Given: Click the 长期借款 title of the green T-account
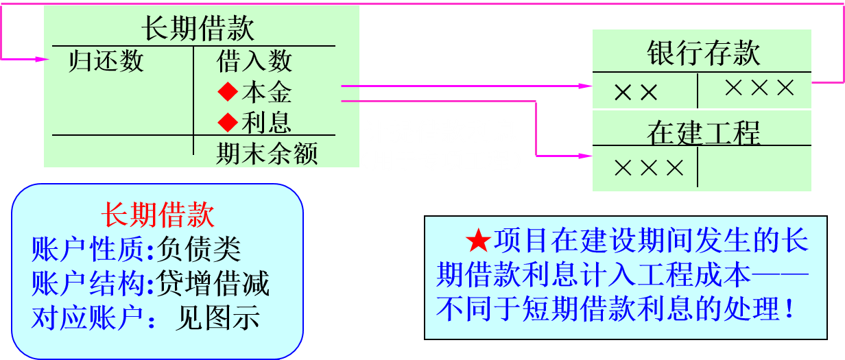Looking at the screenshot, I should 198,29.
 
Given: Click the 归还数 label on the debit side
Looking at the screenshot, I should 106,61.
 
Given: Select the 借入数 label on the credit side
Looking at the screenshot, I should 254,61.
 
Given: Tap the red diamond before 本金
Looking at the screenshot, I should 226,92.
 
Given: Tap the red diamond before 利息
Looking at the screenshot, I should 226,123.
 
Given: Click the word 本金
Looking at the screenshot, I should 267,92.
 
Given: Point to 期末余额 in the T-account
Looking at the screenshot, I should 267,154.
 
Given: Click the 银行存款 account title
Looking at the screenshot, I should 703,53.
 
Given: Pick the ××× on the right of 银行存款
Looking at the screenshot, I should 759,88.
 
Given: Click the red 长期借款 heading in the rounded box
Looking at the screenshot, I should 158,215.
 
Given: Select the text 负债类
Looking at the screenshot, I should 199,250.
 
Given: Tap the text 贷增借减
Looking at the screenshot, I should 213,283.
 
